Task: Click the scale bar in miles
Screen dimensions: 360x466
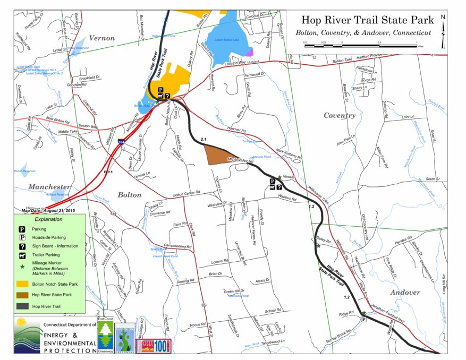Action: coord(360,45)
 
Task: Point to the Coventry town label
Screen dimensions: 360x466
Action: coord(339,115)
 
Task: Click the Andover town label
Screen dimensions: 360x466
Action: coord(405,292)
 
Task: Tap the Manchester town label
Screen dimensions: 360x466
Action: coord(49,187)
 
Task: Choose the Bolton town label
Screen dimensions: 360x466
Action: coord(129,194)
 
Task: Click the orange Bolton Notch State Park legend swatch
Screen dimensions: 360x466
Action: coord(22,284)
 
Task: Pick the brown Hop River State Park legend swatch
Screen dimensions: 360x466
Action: coord(22,294)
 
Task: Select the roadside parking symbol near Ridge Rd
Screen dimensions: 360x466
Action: coord(363,319)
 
